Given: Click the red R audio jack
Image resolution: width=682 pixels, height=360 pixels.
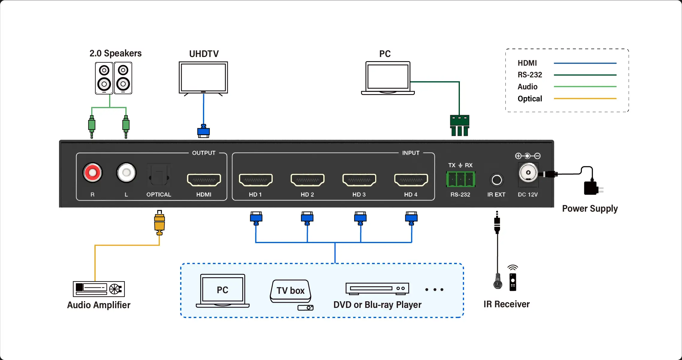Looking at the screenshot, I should click(x=92, y=173).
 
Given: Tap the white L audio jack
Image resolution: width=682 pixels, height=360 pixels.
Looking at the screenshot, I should click(x=126, y=173).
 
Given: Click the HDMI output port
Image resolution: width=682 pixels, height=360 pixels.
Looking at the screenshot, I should click(x=204, y=180).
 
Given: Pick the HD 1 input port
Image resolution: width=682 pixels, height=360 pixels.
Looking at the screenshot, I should click(x=255, y=180).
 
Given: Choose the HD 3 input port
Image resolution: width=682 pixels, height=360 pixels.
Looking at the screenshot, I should click(x=359, y=180).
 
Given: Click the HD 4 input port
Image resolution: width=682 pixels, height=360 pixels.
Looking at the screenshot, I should click(x=411, y=180).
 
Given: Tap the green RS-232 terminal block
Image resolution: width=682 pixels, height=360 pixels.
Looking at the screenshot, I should click(x=460, y=179).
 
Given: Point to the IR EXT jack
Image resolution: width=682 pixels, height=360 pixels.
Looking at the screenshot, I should click(x=497, y=180).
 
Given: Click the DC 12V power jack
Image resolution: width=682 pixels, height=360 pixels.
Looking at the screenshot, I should click(x=528, y=173).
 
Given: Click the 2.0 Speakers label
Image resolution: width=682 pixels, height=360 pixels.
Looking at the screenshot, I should click(x=115, y=53).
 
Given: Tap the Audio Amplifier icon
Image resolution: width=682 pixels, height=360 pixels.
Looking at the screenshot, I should click(x=99, y=289).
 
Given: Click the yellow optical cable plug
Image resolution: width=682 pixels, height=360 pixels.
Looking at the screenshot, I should click(x=159, y=223).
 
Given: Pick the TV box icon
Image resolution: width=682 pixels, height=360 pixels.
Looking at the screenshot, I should click(x=291, y=291).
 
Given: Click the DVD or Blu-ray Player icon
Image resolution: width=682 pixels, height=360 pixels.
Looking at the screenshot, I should click(x=377, y=288).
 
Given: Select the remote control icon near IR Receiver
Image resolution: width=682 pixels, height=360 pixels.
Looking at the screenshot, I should click(x=513, y=282).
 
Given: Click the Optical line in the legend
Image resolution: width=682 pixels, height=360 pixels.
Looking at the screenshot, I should click(x=585, y=99).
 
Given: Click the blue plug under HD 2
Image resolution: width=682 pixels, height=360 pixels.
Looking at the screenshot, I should click(x=307, y=218).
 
